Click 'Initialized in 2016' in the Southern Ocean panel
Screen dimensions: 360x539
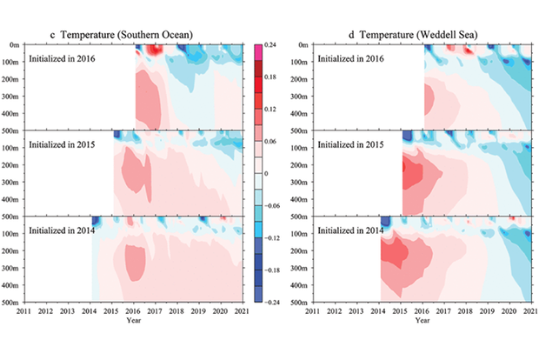63,59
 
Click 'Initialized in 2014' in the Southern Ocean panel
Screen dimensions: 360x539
63,230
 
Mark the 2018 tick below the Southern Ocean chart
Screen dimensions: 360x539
177,311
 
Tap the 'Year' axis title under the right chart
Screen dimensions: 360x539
422,320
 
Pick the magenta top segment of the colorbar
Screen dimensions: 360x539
258,49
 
